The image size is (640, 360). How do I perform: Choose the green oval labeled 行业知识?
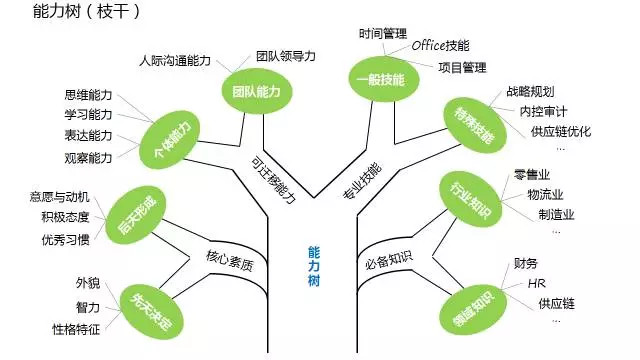467,195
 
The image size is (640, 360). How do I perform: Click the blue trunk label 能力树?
316,267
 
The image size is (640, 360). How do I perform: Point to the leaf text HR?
536,283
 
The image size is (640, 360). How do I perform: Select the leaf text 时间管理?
384,34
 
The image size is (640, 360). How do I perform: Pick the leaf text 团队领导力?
285,56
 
